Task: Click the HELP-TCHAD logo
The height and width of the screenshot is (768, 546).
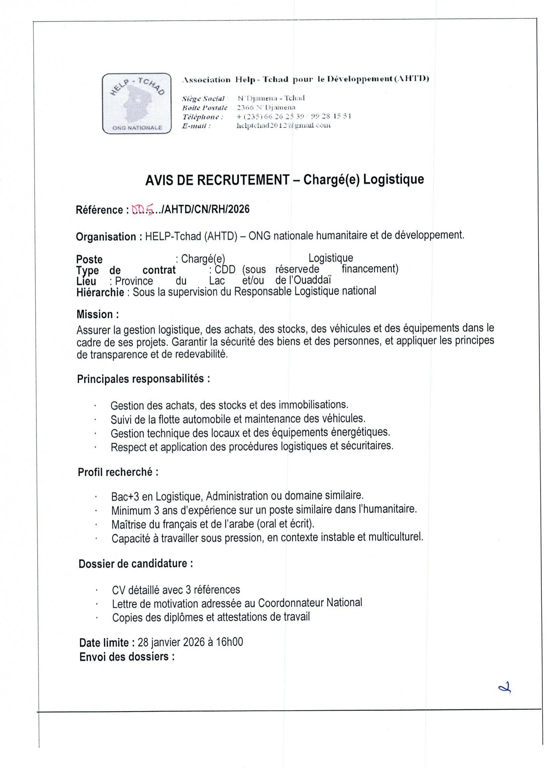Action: pos(136,103)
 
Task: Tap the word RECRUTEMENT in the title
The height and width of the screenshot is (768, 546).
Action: pos(243,180)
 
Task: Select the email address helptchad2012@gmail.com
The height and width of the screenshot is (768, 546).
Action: pos(283,125)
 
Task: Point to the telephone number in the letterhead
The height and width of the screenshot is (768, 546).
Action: pos(294,116)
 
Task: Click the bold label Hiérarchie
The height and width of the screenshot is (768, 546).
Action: pos(100,292)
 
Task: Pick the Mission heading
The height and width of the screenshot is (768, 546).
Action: pos(97,314)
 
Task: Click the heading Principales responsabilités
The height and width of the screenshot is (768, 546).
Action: pos(144,379)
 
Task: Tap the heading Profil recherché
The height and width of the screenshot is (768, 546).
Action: pos(118,472)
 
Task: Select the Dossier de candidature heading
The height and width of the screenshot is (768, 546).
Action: pos(135,563)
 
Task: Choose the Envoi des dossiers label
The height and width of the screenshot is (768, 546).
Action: pos(127,656)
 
